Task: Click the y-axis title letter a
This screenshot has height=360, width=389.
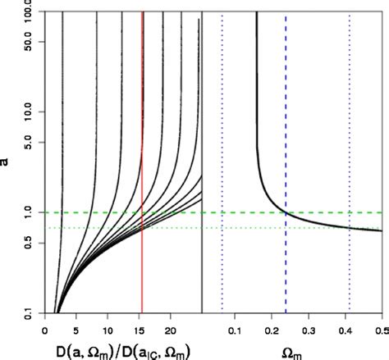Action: click(x=7, y=162)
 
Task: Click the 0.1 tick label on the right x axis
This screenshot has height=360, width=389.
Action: click(x=234, y=331)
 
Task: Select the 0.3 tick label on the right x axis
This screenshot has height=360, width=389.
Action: click(x=309, y=331)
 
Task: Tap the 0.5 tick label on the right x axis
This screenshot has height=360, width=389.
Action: click(x=378, y=331)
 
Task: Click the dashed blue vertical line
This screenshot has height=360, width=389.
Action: click(x=286, y=123)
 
